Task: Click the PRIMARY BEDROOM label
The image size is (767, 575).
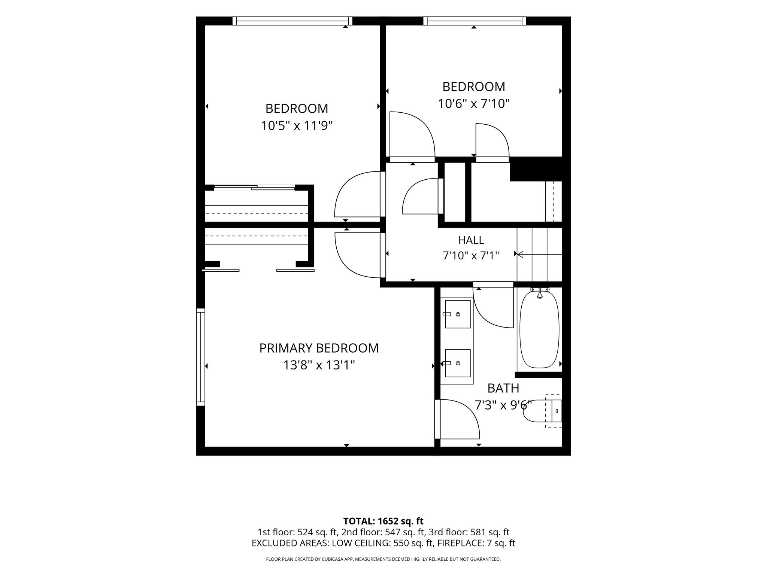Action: (319, 348)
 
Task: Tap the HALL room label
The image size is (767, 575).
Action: (471, 240)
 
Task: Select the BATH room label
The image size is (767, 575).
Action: (503, 389)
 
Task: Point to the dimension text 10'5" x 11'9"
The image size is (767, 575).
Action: (297, 126)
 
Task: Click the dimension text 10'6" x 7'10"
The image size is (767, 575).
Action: (474, 103)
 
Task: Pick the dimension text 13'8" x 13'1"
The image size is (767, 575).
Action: (319, 365)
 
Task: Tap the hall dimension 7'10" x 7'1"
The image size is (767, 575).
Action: (471, 256)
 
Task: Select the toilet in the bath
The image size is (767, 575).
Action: (543, 411)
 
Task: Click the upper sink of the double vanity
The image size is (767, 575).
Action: (457, 314)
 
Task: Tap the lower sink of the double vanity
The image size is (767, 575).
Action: (457, 363)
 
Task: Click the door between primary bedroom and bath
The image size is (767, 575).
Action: (457, 419)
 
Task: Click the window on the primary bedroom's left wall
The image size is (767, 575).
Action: (201, 357)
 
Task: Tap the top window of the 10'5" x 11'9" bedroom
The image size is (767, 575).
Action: (292, 21)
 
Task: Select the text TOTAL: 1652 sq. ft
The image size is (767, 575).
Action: (383, 521)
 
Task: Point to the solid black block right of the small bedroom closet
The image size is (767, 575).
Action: (536, 169)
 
